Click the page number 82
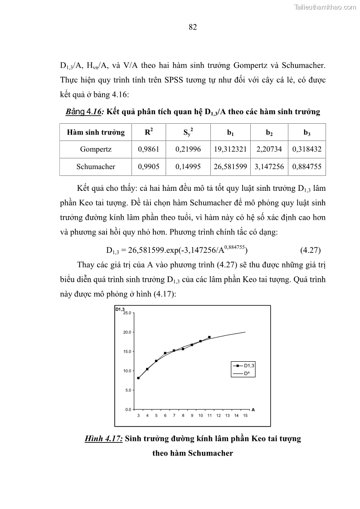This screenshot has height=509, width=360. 192,27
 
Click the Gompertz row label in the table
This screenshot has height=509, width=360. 96,149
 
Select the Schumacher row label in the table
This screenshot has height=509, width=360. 96,166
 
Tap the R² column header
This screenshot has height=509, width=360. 148,132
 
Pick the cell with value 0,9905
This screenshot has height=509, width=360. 148,166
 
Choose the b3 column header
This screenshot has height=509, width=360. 307,132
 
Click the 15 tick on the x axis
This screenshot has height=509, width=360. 245,415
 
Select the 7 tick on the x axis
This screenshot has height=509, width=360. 174,415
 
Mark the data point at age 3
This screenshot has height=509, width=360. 138,378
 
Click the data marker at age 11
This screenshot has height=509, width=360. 209,337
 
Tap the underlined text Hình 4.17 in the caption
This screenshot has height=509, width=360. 104,439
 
